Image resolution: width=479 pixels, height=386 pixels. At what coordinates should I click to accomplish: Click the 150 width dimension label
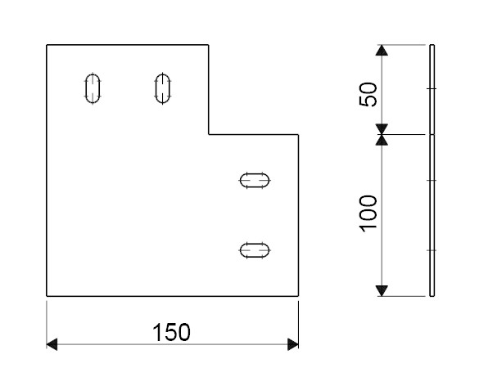coord(171,332)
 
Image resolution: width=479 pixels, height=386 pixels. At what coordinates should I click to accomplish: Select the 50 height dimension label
coord(368,94)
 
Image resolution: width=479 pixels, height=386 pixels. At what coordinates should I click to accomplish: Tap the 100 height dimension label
coord(368,213)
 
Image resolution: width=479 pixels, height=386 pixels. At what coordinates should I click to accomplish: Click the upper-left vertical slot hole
coord(93,88)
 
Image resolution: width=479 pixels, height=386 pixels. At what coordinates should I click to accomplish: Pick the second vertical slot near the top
coord(162,88)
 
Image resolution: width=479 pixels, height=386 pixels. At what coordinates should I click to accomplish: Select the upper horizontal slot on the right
coord(255,181)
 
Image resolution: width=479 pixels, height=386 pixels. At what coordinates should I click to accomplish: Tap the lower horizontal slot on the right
coord(255,250)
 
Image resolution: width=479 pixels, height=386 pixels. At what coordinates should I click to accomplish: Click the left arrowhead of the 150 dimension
coord(52,344)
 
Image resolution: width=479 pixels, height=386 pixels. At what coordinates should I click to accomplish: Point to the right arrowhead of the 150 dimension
coord(293,344)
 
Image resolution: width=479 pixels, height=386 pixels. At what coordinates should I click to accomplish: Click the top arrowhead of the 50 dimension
coord(382,50)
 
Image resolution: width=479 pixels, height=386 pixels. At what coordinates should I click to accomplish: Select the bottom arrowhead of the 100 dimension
coord(382,291)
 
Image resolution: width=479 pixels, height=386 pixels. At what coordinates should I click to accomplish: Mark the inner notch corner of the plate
coord(209,134)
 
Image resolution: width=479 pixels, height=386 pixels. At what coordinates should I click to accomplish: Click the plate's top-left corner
coord(47,45)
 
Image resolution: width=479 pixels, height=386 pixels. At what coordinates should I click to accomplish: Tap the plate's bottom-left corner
coord(47,296)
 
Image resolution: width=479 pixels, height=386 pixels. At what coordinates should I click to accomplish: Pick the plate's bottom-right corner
coord(298,296)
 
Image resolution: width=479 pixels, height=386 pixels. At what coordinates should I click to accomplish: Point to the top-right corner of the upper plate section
coord(208,45)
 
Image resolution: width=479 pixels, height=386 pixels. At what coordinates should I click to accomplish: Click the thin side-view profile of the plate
coord(432,171)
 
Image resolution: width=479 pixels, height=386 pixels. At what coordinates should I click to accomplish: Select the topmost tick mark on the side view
coord(432,88)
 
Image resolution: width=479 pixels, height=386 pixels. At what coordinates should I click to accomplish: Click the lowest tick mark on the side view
coord(432,250)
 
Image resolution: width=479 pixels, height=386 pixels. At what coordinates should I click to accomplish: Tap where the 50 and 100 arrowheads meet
coord(382,134)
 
